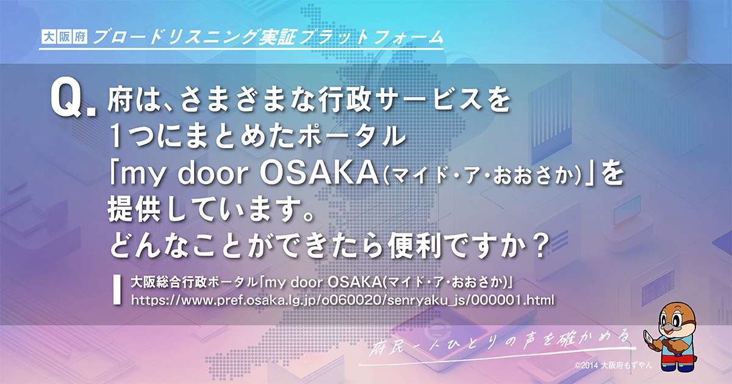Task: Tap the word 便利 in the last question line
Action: [x=412, y=247]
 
